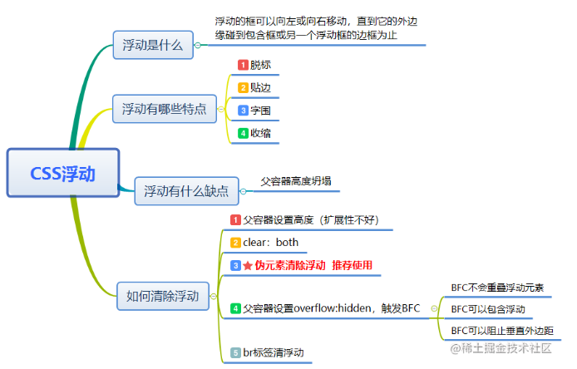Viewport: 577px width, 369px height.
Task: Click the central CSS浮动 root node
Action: pos(63,173)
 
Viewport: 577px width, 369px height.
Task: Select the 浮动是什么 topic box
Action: pos(153,45)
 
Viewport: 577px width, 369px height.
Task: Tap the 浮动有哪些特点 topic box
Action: pos(165,109)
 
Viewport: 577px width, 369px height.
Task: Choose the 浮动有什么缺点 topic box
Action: pos(186,191)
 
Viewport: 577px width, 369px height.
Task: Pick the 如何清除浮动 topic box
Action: pos(163,296)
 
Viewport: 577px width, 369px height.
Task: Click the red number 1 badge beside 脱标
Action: pos(243,65)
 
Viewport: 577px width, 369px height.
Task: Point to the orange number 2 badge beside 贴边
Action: pos(243,88)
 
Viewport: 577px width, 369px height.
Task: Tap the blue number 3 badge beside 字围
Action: pos(243,111)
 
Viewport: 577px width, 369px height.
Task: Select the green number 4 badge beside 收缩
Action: pos(243,133)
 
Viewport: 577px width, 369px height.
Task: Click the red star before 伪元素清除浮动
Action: pos(248,266)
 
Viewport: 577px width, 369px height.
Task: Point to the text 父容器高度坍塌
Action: pos(296,181)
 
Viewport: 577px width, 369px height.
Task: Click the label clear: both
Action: pos(270,243)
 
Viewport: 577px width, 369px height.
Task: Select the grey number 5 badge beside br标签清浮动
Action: pos(235,353)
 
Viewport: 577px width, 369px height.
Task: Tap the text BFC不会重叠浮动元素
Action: pos(497,288)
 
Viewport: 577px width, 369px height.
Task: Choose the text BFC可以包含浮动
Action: pos(488,309)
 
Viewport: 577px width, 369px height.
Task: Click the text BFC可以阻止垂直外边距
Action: pos(502,331)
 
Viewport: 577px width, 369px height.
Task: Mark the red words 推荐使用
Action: pos(353,265)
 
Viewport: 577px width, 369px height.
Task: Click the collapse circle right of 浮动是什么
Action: pos(198,45)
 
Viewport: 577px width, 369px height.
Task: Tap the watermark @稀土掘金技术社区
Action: pos(501,348)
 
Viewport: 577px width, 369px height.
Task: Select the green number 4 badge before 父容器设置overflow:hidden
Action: pos(235,308)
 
